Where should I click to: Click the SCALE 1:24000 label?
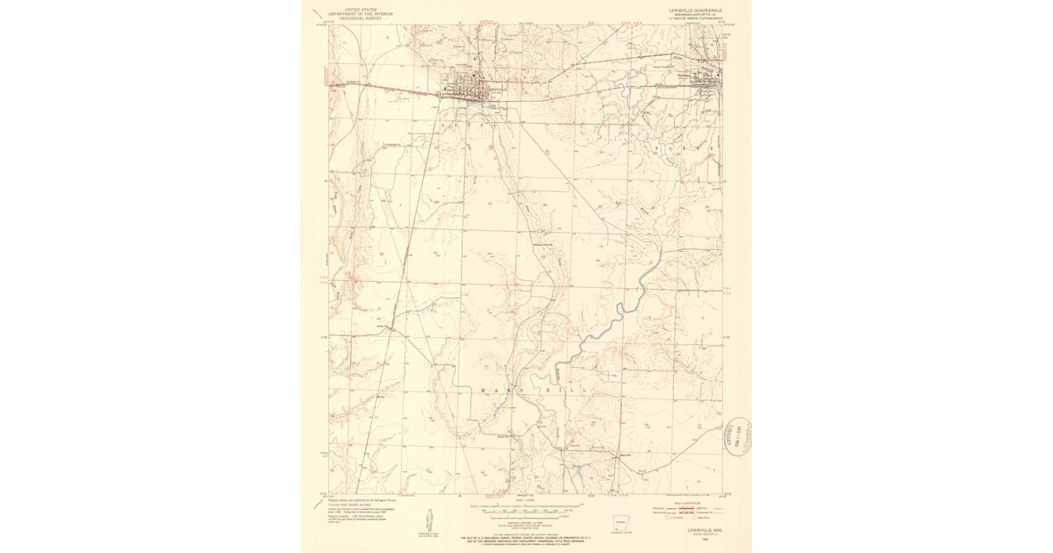525,503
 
